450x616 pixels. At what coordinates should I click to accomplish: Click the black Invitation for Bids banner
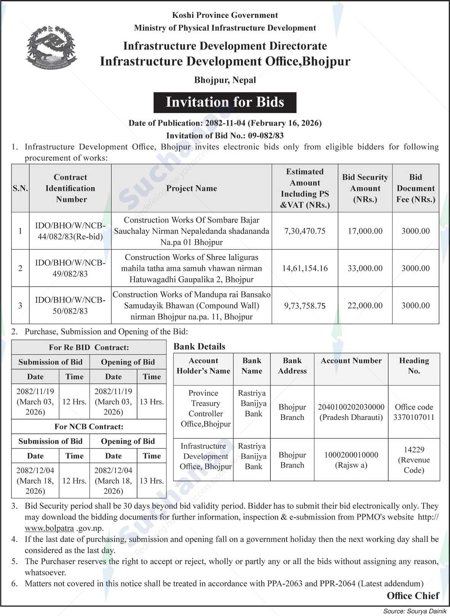coord(225,102)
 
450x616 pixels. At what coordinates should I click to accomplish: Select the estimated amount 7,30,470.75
coord(305,231)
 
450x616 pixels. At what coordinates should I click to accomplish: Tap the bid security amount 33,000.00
coord(365,268)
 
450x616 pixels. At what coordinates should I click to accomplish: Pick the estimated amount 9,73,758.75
coord(305,306)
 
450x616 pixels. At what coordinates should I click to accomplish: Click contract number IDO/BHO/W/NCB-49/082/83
coord(70,268)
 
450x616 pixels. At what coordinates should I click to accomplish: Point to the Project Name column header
coord(191,188)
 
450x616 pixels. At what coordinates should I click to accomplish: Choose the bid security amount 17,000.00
coord(365,231)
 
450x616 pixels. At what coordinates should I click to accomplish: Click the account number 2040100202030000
coord(351,407)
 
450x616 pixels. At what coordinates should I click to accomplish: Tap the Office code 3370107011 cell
coord(414,412)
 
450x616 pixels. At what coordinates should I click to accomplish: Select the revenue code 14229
coord(414,450)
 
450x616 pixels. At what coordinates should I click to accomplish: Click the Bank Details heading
coord(199,346)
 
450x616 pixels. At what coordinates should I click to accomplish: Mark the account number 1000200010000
coord(351,455)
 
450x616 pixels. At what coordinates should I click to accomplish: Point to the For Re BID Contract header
coord(89,347)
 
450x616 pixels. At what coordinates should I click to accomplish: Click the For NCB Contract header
coord(89,427)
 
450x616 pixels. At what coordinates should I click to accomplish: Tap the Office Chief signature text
coord(413,595)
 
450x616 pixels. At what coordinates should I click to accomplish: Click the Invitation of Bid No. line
coord(225,136)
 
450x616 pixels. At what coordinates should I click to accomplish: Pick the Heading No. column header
coord(414,365)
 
